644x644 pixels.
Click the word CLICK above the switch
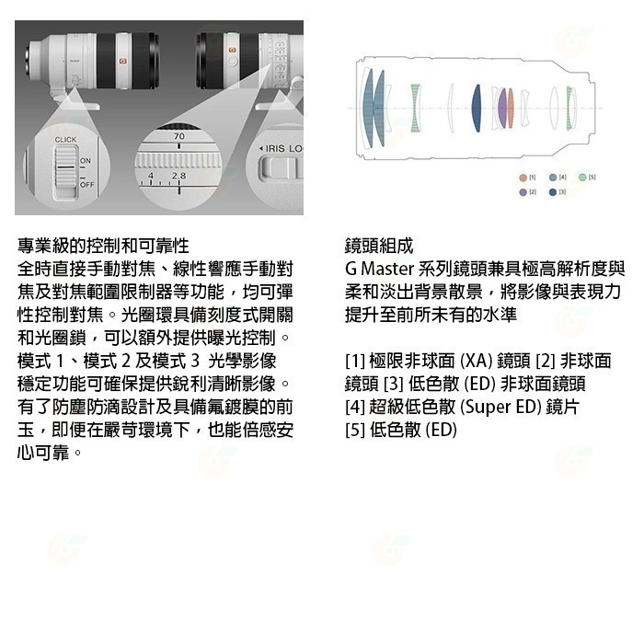pyautogui.click(x=65, y=140)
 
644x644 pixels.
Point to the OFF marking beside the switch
pyautogui.click(x=86, y=185)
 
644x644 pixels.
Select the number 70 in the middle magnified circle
pyautogui.click(x=178, y=136)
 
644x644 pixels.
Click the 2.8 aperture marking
pyautogui.click(x=178, y=175)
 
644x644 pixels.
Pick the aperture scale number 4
pyautogui.click(x=151, y=175)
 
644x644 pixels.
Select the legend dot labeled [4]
pyautogui.click(x=552, y=176)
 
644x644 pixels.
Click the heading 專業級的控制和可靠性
pyautogui.click(x=103, y=247)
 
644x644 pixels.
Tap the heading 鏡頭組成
pyautogui.click(x=379, y=247)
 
